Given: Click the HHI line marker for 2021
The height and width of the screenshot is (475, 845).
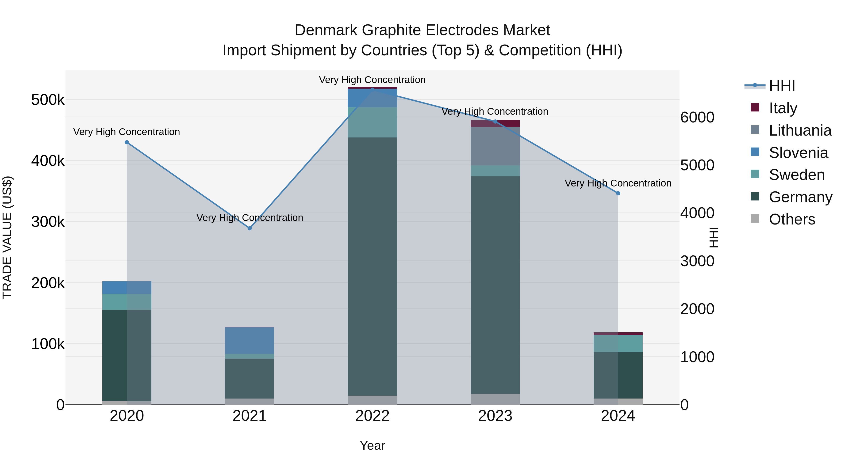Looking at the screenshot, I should pos(250,228).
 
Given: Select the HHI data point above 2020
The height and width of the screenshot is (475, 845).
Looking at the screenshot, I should pos(127,142).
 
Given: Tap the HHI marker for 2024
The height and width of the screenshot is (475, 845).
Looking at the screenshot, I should pos(618,194).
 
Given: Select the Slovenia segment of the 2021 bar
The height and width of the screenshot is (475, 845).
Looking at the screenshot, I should pos(250,341).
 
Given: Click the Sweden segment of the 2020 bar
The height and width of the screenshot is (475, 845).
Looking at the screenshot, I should pos(127,302).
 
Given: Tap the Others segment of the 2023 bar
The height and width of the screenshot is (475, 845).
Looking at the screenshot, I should pos(495,399).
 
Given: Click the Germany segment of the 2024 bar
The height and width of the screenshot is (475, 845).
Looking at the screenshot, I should pos(618,375).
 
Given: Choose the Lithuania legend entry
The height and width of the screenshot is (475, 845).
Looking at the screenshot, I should pos(800,130).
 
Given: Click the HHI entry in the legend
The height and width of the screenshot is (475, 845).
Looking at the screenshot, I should pos(782,86).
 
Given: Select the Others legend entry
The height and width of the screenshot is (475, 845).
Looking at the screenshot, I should pos(791,219).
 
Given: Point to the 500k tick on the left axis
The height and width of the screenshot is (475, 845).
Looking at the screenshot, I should pos(48,100).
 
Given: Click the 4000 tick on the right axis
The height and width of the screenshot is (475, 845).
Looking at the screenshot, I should pos(697,213).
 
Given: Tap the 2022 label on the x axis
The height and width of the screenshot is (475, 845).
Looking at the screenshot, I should pos(372,416).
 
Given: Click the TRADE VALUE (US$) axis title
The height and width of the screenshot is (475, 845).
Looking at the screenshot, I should pos(7,237).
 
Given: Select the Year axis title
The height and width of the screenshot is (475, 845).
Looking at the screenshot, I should pos(372,445).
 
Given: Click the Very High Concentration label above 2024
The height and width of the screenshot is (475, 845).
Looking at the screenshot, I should pos(618,183).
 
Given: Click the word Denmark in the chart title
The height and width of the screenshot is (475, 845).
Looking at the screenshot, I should pos(326,30).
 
